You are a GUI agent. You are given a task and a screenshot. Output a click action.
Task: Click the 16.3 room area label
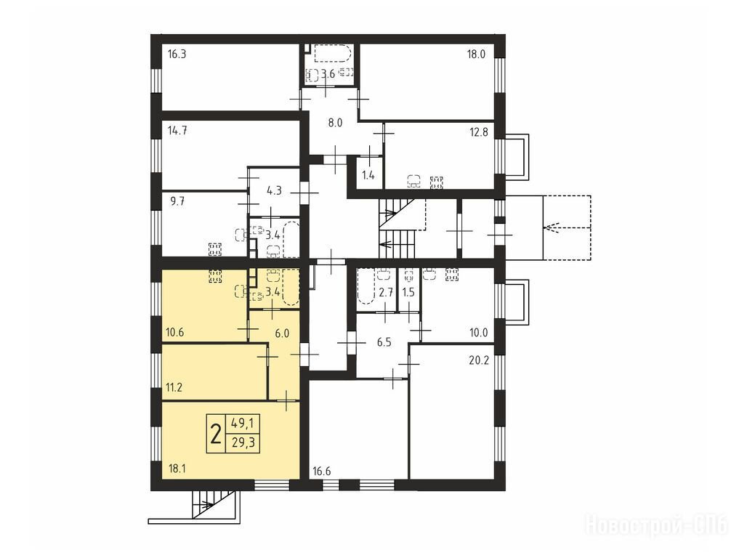(177, 54)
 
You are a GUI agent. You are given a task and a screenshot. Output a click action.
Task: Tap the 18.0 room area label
(476, 54)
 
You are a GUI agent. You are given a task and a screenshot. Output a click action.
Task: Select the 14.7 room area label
(177, 131)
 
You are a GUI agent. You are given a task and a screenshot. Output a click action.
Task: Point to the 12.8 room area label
(479, 132)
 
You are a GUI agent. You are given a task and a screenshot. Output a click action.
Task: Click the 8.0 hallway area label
(335, 123)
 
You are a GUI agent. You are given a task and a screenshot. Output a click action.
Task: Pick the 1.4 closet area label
(368, 176)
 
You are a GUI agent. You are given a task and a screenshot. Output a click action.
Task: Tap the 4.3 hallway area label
(274, 191)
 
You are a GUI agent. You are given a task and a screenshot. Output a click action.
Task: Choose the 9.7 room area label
(177, 202)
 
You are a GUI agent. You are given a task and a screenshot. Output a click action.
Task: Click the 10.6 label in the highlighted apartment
(175, 332)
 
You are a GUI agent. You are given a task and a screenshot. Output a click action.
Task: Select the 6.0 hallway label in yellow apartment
(282, 333)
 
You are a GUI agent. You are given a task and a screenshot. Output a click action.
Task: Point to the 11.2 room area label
(174, 387)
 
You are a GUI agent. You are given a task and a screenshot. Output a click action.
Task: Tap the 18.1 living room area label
(177, 469)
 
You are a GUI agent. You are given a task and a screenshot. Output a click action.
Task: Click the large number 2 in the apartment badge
(216, 434)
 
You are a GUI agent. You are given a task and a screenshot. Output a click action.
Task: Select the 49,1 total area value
(243, 424)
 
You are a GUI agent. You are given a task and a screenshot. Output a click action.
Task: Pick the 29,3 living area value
(243, 443)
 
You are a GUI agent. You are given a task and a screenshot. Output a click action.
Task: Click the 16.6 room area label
(322, 471)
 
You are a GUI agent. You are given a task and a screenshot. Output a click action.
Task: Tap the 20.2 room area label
(479, 361)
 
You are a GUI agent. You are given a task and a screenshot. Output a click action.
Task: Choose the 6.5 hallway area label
(384, 342)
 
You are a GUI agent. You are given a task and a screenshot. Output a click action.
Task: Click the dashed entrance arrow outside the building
(567, 227)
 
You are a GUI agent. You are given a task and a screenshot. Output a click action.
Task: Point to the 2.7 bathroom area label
(386, 292)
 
